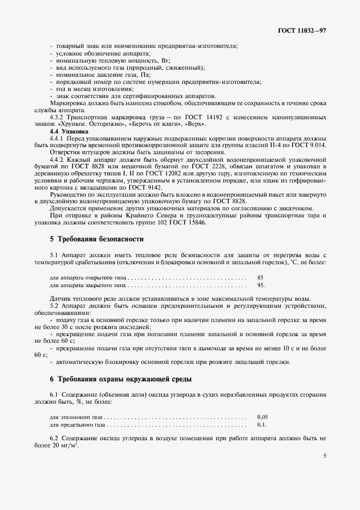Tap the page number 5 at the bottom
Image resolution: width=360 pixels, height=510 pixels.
pos(325,456)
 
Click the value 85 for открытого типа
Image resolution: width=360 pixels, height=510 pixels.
pos(260,277)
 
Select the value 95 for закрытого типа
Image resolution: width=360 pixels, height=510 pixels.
pos(261,285)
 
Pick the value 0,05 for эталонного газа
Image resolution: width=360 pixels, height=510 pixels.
pos(262,417)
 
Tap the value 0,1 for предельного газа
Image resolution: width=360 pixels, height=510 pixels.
pos(261,424)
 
